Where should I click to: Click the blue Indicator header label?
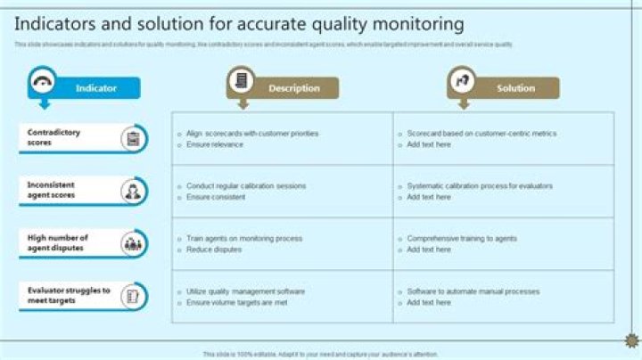pos(96,88)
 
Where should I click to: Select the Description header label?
pos(293,88)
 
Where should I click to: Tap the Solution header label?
pos(515,88)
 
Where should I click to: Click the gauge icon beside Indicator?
pos(43,81)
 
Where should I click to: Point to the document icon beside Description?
pos(241,81)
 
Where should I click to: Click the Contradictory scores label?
pos(53,137)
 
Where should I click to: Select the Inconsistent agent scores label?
pos(51,190)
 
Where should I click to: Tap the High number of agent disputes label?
pos(57,242)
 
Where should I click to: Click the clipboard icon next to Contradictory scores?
pos(134,138)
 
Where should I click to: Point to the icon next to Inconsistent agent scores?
pos(134,191)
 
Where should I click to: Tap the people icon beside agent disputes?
pos(134,243)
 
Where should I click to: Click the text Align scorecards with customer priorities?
pos(252,134)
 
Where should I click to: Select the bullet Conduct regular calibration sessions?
pos(246,186)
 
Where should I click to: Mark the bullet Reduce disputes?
pos(214,250)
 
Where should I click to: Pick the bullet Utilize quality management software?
pos(246,291)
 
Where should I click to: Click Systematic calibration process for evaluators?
pos(480,186)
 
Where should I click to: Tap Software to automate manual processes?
pos(473,291)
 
